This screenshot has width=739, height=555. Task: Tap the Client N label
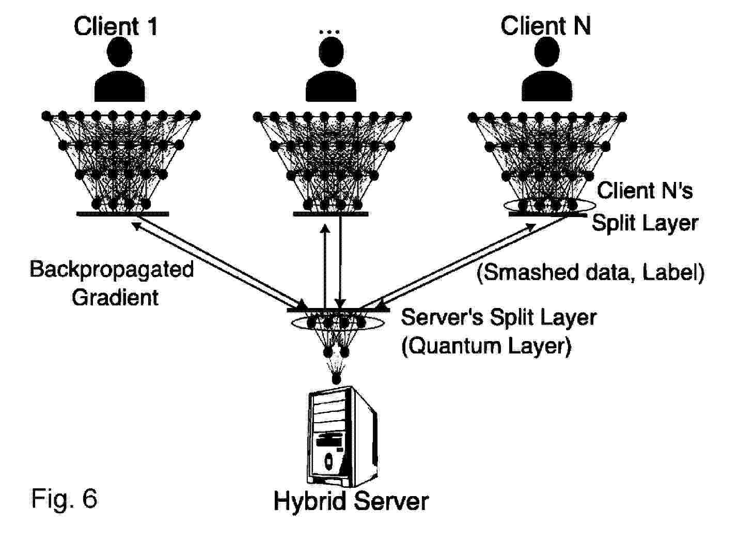coord(545,25)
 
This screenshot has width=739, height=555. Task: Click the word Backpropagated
coord(112,269)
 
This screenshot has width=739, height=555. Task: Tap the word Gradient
coord(115,297)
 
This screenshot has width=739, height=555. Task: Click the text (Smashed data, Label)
coord(590,272)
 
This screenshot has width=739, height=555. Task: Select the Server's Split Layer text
coord(498,317)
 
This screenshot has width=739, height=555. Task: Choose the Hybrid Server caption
coord(351,501)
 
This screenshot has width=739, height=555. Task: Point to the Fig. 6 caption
coord(64,498)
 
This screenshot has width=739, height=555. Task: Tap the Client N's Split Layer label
coord(644,207)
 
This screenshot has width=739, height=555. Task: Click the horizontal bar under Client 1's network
coord(122,213)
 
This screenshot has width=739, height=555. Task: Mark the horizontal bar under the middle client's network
coord(331,213)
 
